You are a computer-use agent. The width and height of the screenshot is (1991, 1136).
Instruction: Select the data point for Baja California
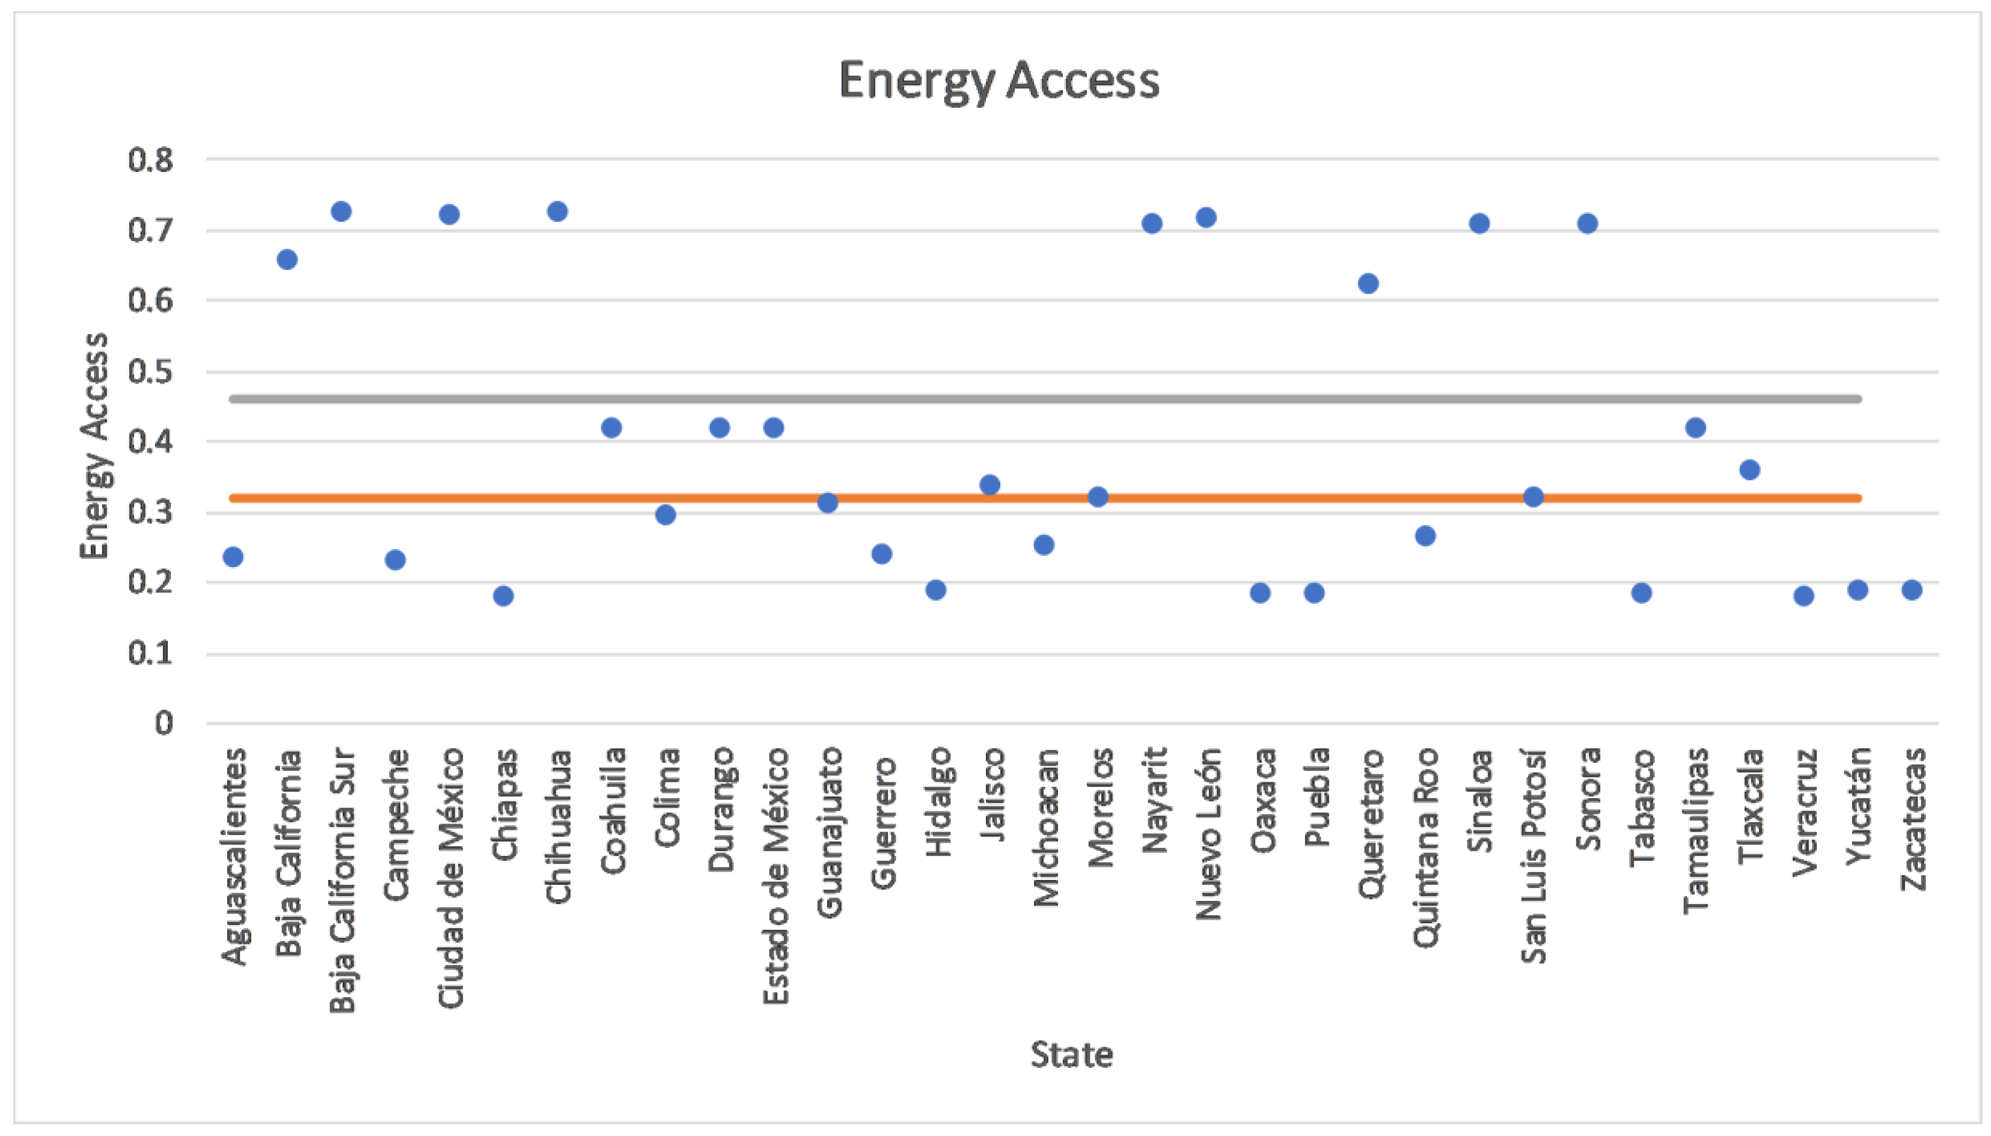[x=286, y=259]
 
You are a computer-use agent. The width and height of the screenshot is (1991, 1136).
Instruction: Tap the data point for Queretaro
[x=1367, y=283]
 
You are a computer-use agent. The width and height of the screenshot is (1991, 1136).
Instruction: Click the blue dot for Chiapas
[x=503, y=596]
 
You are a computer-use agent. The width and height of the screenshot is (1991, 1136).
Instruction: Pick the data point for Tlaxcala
[x=1749, y=470]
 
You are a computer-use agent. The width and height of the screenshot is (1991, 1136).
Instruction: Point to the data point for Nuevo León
[x=1206, y=217]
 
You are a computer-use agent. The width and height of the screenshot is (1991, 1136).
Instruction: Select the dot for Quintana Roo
[x=1425, y=536]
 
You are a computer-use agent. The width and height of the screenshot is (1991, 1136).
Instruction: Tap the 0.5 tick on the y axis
[x=151, y=371]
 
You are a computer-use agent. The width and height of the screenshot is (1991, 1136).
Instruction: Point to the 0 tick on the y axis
[x=163, y=723]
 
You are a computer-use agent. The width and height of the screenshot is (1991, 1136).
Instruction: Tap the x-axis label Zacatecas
[x=1912, y=819]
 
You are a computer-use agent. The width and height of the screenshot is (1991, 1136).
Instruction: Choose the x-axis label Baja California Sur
[x=341, y=880]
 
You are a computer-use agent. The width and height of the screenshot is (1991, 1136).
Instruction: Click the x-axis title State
[x=1071, y=1055]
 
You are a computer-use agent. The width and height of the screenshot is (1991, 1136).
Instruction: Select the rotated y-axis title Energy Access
[x=95, y=446]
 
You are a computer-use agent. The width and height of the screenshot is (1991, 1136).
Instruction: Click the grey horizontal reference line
[x=1045, y=399]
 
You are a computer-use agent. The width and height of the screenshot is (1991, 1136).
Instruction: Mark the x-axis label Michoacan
[x=1045, y=827]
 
